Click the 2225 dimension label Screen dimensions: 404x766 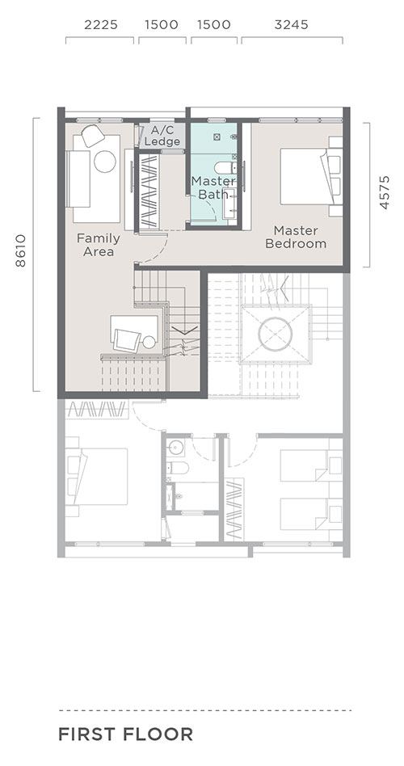coord(101,24)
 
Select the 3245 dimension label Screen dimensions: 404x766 coord(291,24)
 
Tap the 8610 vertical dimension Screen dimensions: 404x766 coord(20,250)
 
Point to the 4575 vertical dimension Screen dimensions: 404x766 coord(385,192)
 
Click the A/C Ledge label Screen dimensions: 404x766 coord(162,136)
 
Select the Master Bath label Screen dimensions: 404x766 coord(213,187)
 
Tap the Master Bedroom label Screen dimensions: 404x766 coord(296,237)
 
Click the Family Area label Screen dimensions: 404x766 coord(99,245)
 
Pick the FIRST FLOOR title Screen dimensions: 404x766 coord(125,734)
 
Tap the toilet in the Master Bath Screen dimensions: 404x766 coord(225,167)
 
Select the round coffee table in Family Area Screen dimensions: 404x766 coord(105,162)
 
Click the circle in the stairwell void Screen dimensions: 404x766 coord(276,335)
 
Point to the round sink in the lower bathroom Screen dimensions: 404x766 coord(175,447)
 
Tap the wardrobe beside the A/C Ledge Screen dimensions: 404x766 coord(149,191)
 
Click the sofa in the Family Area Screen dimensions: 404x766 coord(78,179)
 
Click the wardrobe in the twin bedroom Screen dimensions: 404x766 coord(234,509)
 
